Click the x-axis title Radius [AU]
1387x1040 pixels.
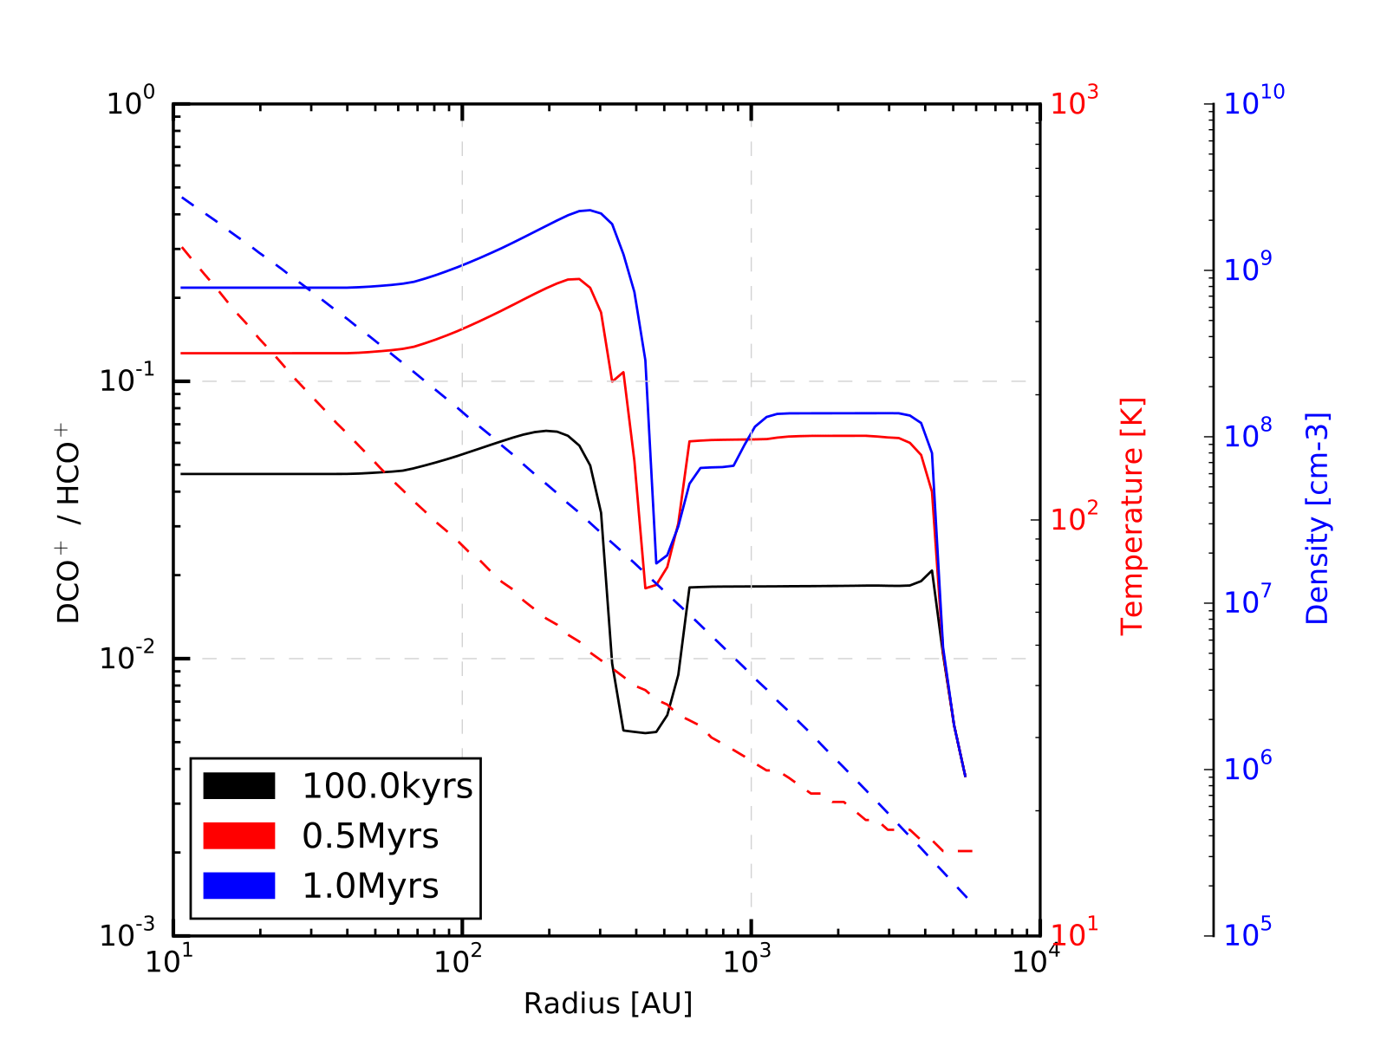coord(608,1004)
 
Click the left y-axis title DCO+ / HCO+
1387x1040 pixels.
coord(68,532)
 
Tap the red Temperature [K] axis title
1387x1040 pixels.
coord(1132,517)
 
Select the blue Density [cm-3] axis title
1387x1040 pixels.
coord(1317,518)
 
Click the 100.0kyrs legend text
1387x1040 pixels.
coord(387,787)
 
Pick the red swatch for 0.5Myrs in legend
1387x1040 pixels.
coord(239,835)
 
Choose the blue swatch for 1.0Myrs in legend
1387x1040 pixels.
coord(239,886)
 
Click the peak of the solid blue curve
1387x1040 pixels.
coord(589,210)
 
